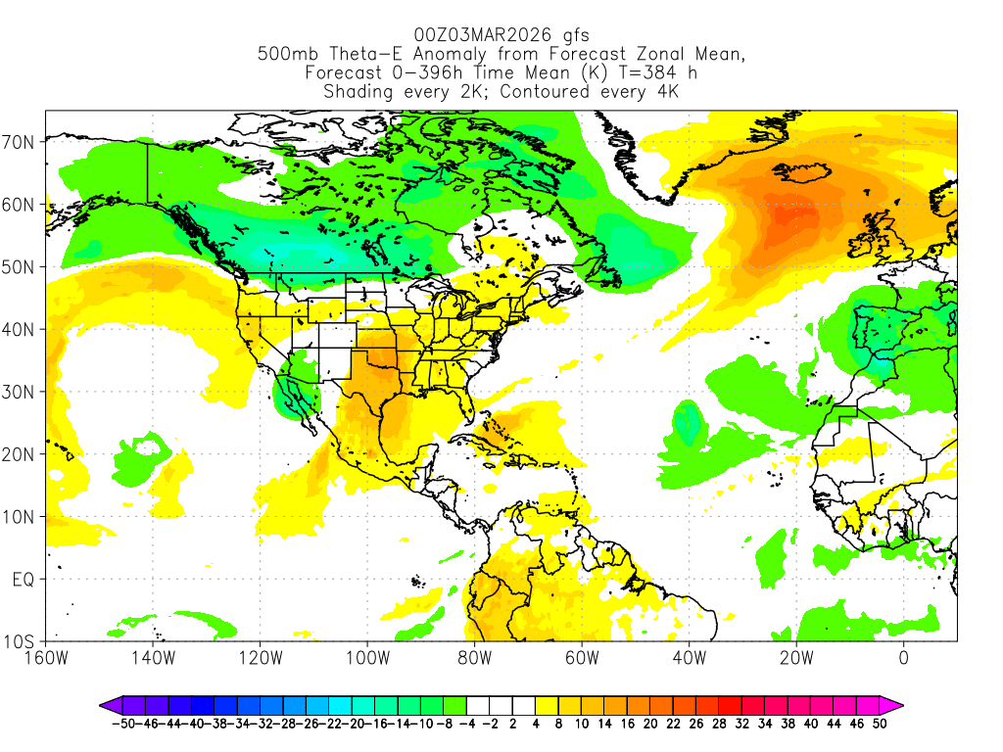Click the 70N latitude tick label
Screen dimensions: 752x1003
[21, 142]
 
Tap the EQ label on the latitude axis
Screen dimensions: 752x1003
[24, 580]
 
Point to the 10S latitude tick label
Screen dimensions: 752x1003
[21, 642]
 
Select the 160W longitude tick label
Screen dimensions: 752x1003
[46, 658]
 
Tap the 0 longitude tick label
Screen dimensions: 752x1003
[903, 658]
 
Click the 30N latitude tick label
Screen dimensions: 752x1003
[21, 392]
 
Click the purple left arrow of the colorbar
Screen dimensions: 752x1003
[109, 704]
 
